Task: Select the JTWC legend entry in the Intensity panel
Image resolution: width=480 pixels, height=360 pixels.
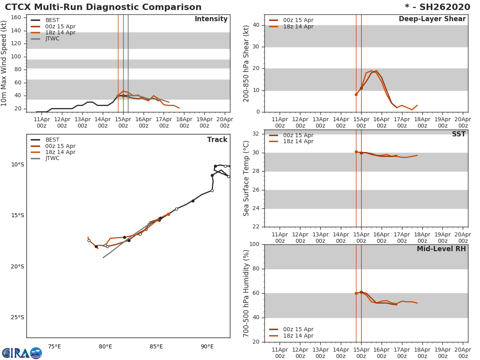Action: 52,39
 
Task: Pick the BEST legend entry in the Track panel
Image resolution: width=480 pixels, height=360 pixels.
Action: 52,140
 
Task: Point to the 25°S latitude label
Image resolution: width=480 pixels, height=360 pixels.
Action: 17,318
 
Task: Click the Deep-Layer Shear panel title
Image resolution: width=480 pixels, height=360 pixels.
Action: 432,19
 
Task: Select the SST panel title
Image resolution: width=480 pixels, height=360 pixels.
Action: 458,134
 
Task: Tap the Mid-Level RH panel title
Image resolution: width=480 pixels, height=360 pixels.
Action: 441,249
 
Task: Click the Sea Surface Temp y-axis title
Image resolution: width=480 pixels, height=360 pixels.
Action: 247,178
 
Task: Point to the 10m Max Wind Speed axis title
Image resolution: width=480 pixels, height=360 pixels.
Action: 4,63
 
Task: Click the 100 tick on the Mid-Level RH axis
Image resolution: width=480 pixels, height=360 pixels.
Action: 254,244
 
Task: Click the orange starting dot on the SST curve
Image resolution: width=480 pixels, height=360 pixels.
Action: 356,152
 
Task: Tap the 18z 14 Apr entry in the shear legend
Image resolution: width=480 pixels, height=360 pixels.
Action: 298,27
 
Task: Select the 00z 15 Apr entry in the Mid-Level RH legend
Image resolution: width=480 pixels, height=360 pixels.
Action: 298,330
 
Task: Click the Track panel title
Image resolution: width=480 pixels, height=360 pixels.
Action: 217,140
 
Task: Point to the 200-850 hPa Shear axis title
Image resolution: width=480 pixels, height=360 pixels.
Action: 247,63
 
